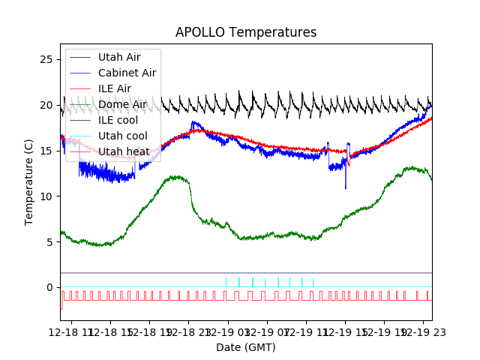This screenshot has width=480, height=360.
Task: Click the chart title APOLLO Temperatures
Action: pyautogui.click(x=246, y=33)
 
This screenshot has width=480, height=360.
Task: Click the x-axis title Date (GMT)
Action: pyautogui.click(x=246, y=347)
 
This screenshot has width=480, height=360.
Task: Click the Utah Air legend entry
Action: pyautogui.click(x=118, y=57)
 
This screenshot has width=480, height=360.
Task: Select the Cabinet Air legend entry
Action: pyautogui.click(x=127, y=73)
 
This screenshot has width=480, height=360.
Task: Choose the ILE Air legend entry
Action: pyautogui.click(x=114, y=88)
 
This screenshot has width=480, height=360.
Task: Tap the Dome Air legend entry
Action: pyautogui.click(x=122, y=104)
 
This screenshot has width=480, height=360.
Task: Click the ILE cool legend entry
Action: pyautogui.click(x=118, y=120)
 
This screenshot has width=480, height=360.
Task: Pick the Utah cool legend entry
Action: pyautogui.click(x=122, y=136)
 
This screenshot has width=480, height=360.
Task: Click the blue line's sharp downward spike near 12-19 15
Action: pyautogui.click(x=346, y=187)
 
